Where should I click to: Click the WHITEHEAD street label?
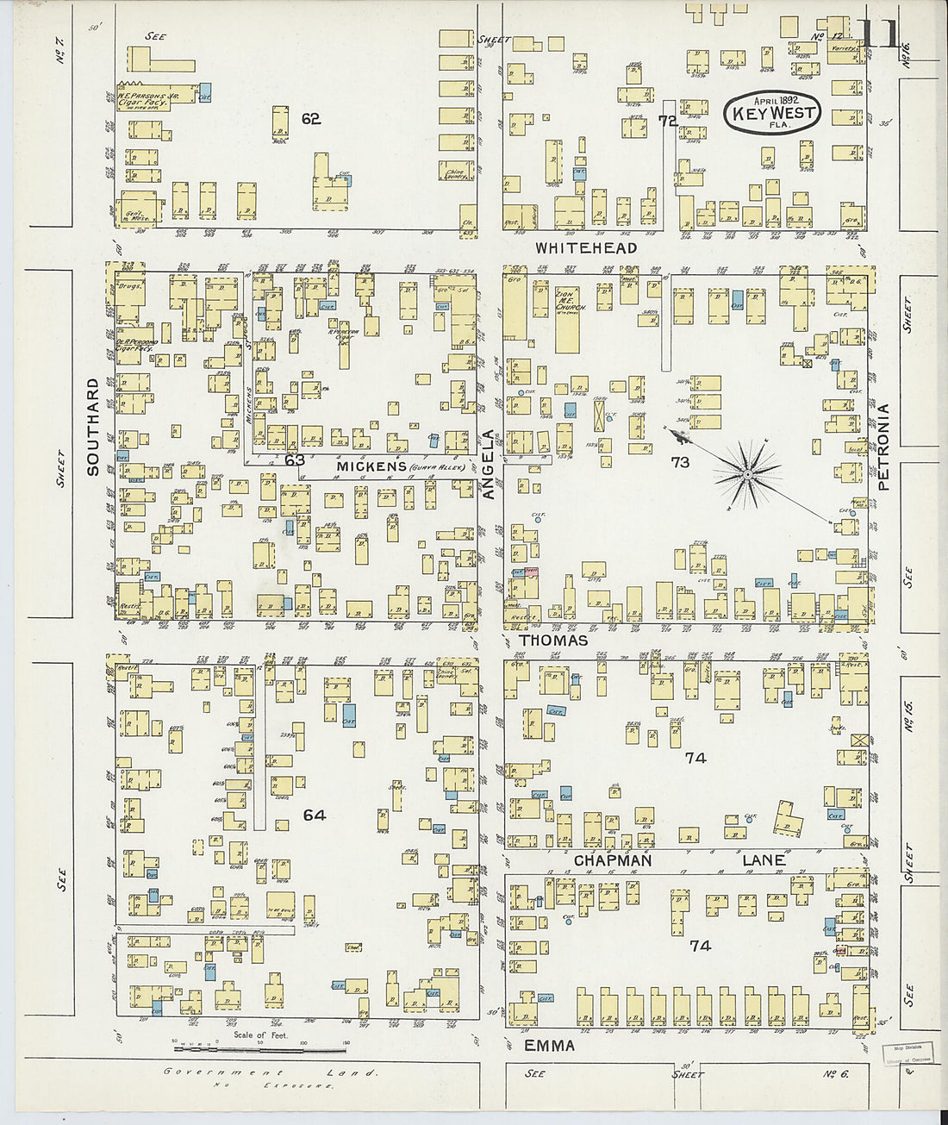pos(586,248)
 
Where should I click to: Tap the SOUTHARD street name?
pos(93,427)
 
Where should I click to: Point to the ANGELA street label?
pos(490,465)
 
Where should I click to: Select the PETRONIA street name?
pos(883,447)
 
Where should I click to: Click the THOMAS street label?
pos(554,641)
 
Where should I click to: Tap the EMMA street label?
pos(549,1046)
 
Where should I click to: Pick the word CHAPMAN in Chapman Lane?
pos(613,860)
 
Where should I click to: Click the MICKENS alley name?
pos(371,466)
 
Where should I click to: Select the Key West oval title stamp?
pos(772,113)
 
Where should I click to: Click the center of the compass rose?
pos(747,473)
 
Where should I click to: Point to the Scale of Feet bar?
pos(259,1047)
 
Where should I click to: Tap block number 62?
pos(311,119)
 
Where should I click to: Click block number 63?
pos(295,460)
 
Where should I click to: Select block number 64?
pos(315,815)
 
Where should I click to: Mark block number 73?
pos(680,462)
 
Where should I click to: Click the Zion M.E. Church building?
pos(567,319)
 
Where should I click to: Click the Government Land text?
pos(271,1073)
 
